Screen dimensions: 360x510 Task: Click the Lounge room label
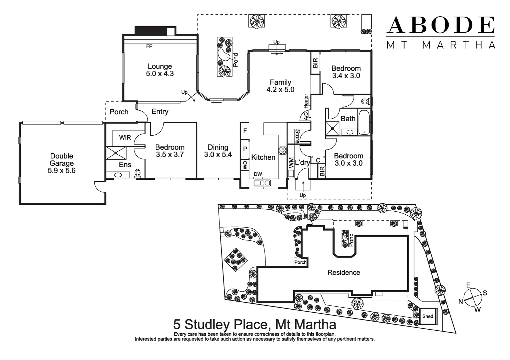[160, 66]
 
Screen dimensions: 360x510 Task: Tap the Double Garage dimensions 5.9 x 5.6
[61, 171]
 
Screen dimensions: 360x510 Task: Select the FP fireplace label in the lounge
[149, 46]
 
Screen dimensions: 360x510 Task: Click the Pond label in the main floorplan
[235, 60]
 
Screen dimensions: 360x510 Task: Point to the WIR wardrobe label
[125, 137]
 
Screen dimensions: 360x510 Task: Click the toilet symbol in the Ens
[137, 173]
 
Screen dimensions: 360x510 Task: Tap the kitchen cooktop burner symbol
[283, 150]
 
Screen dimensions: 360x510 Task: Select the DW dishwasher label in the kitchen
[258, 174]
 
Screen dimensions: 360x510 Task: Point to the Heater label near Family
[306, 101]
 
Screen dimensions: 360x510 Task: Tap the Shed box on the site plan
[428, 316]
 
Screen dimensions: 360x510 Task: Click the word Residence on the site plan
[344, 272]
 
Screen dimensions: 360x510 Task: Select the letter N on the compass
[461, 301]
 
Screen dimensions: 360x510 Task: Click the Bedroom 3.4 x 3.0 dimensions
[346, 76]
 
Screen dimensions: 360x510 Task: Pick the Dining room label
[218, 147]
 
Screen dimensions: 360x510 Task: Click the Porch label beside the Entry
[119, 112]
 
